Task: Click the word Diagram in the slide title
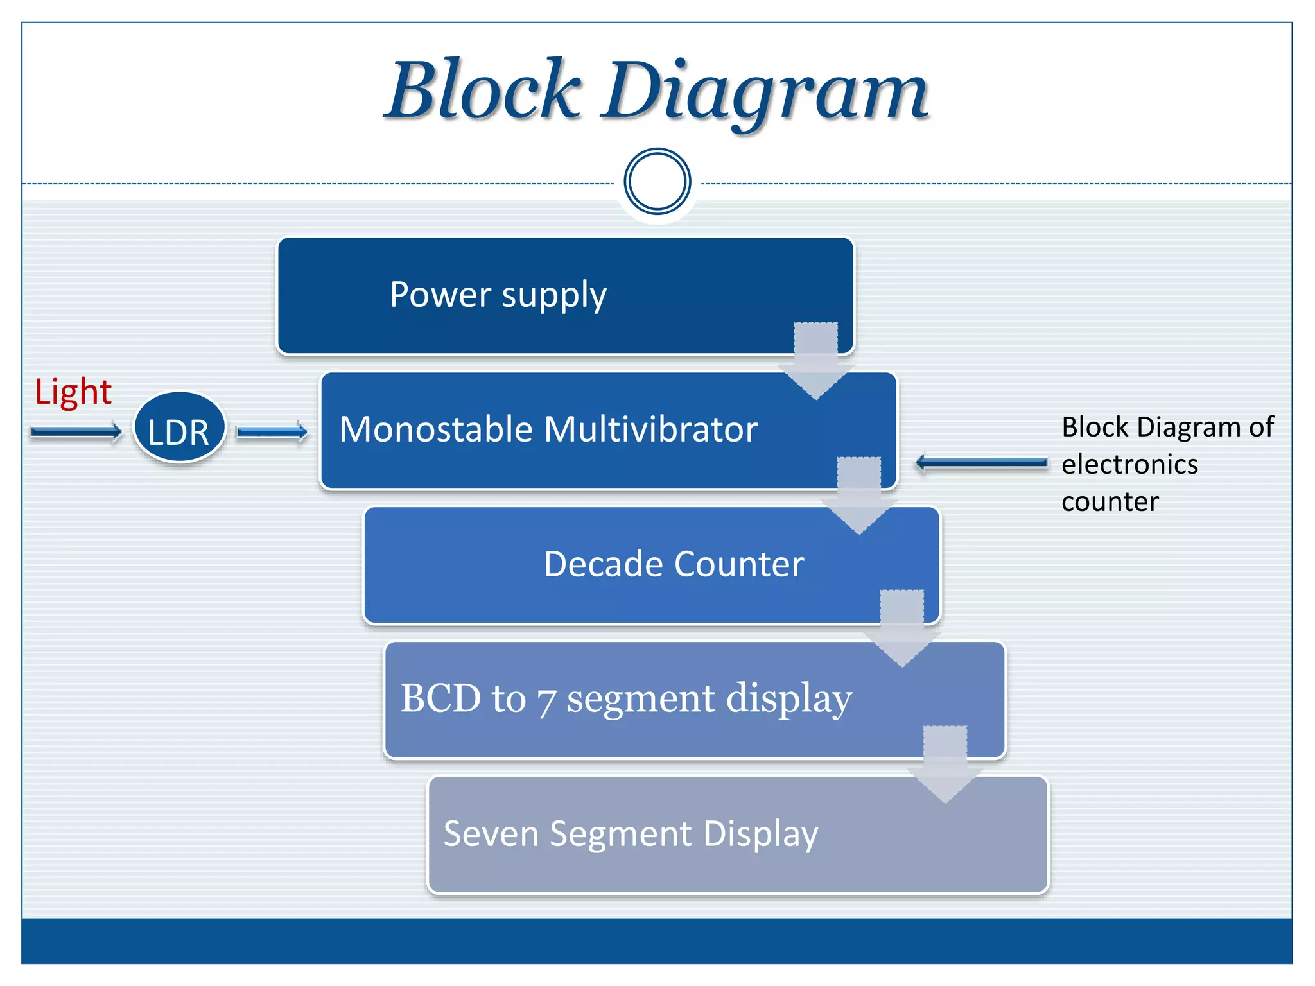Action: (764, 93)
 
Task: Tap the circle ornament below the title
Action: (657, 182)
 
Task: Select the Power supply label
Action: (498, 295)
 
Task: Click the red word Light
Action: (73, 392)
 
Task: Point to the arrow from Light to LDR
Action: (76, 432)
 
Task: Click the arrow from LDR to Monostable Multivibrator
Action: (272, 432)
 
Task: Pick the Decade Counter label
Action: (673, 564)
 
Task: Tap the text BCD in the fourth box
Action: (440, 698)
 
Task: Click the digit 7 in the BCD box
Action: (545, 701)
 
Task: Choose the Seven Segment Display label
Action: (631, 833)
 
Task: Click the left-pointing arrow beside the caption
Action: (980, 463)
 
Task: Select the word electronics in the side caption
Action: (1129, 464)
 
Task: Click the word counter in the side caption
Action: (1110, 501)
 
